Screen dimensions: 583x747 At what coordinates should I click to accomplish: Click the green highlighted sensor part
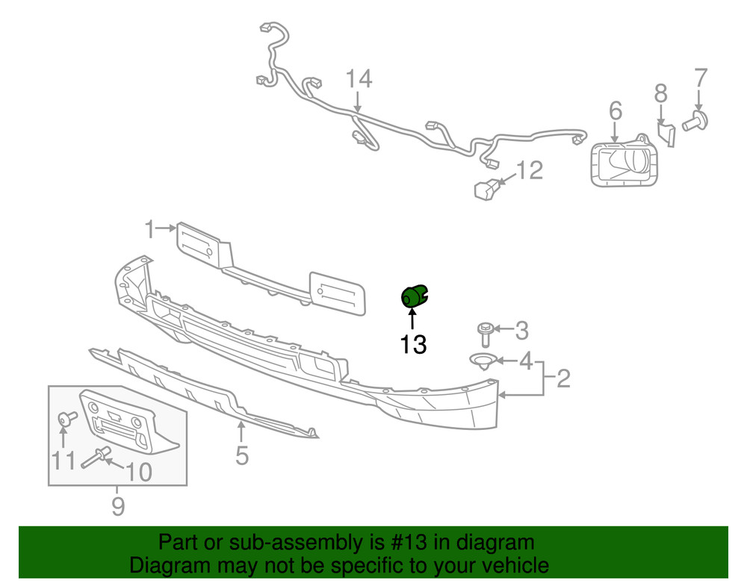[x=413, y=296]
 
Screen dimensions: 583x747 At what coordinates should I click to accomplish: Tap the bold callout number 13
[x=413, y=344]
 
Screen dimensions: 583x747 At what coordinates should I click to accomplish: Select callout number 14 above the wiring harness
[x=359, y=78]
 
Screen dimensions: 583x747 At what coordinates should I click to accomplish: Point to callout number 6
[x=615, y=111]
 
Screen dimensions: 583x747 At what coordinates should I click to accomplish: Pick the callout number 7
[x=700, y=78]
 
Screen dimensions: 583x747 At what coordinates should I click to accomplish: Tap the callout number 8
[x=660, y=93]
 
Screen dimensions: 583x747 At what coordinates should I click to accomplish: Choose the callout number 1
[x=150, y=229]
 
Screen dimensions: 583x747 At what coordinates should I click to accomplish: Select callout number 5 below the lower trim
[x=241, y=454]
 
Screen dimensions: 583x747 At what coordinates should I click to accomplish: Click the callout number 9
[x=117, y=508]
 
